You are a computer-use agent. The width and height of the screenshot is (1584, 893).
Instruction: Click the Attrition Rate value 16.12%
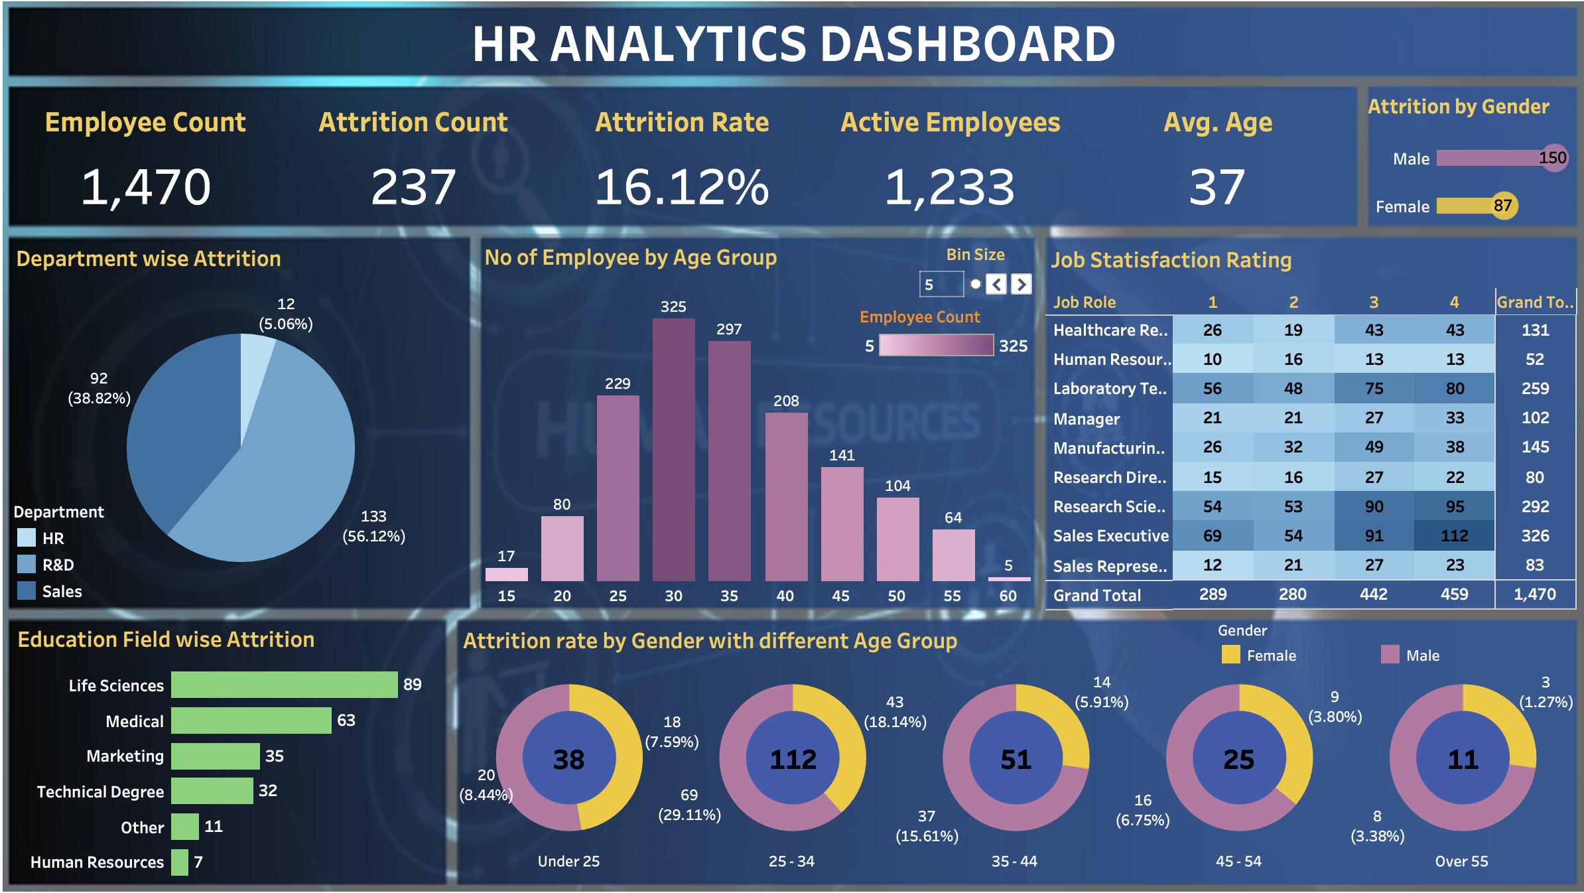coord(681,187)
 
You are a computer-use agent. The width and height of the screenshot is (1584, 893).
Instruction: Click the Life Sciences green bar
coord(284,685)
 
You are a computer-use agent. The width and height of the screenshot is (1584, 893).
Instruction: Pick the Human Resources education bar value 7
coord(198,862)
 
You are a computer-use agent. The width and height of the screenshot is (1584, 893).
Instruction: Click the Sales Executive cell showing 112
coord(1454,535)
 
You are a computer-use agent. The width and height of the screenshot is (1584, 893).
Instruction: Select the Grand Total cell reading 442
coord(1373,594)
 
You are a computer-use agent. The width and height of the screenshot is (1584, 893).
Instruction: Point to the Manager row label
coord(1086,419)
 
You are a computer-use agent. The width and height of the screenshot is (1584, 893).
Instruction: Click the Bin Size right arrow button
coord(1022,285)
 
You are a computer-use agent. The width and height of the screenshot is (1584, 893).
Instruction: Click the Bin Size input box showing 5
coord(941,285)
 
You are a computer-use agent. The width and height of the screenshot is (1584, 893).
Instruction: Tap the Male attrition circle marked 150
coord(1553,158)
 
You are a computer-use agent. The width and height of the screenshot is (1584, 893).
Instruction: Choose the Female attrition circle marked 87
coord(1503,206)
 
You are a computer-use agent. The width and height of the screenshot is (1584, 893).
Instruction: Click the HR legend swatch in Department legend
coord(27,538)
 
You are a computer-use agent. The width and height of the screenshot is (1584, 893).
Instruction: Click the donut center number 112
coord(793,760)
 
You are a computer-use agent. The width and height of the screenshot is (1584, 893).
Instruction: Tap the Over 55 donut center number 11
coord(1463,760)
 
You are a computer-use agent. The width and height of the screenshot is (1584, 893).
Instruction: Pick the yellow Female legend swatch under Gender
coord(1230,655)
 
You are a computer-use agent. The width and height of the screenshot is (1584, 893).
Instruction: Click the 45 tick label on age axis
coord(840,596)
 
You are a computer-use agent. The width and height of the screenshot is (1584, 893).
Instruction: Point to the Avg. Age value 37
coord(1217,187)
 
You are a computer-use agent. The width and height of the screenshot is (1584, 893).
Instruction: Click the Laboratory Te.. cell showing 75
coord(1374,389)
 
